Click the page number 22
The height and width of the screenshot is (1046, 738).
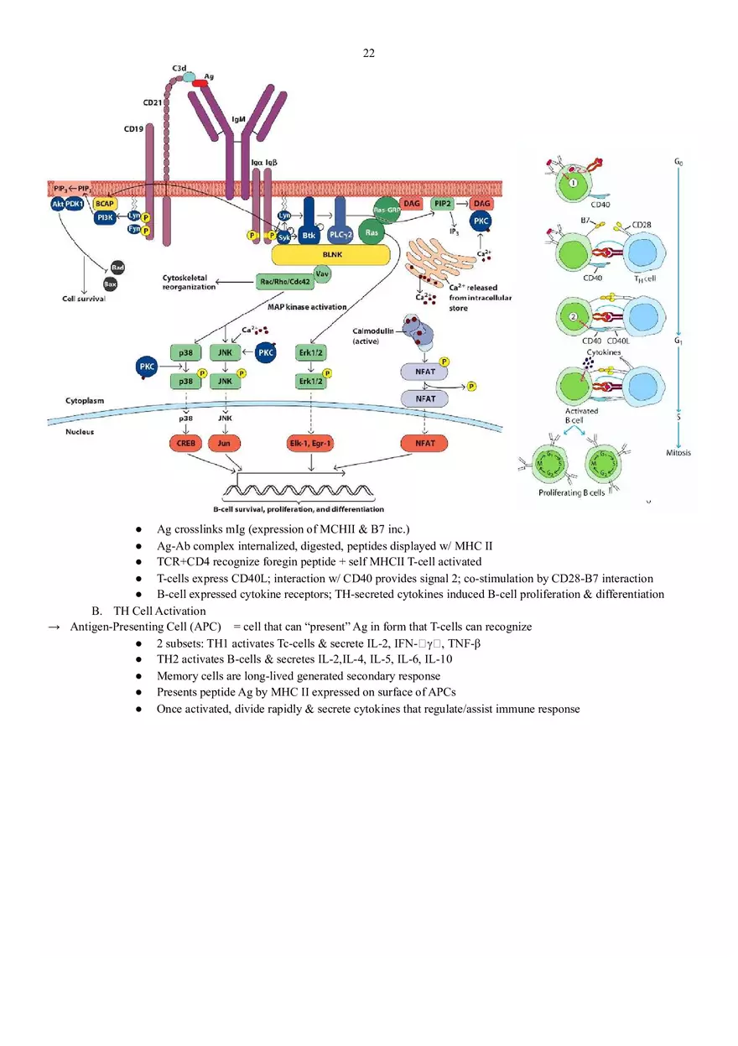coord(369,54)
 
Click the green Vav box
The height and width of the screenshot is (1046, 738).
coord(322,273)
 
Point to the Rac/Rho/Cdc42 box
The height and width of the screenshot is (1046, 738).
coord(283,282)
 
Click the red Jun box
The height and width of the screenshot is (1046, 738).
coord(224,442)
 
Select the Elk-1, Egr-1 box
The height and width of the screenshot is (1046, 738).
coord(312,442)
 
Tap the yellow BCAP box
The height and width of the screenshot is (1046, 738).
coord(105,204)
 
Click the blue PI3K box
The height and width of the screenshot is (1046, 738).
coord(105,217)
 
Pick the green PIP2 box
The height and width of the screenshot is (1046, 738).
coord(442,204)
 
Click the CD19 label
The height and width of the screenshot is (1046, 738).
coord(133,130)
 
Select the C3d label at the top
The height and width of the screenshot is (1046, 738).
coord(179,67)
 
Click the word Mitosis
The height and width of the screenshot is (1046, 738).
coord(678,453)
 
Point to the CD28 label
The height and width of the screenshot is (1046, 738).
coord(642,225)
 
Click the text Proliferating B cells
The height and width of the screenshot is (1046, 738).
coord(571,492)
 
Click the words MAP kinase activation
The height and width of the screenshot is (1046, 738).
coord(307,307)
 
